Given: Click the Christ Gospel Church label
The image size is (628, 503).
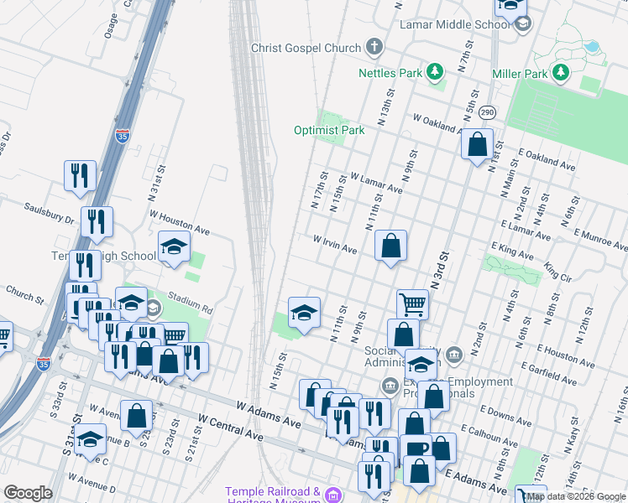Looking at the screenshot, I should coord(306,48).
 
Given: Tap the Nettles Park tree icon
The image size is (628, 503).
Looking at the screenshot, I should coord(435,73).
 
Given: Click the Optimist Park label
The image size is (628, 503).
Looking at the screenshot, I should coord(329,130).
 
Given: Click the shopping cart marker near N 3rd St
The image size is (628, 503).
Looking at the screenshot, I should coord(412,303).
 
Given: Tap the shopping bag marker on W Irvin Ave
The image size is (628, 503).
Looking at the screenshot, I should coord(391,246).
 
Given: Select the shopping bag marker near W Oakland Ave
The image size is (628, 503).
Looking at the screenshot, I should coord(477,144).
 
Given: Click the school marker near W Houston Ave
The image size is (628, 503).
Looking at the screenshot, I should coord(174,247).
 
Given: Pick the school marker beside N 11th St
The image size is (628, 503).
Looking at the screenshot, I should coord(304,314).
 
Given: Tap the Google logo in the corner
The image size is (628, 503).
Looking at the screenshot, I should coord(28,493).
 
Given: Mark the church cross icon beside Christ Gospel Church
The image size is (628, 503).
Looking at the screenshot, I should coord(374,48).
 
